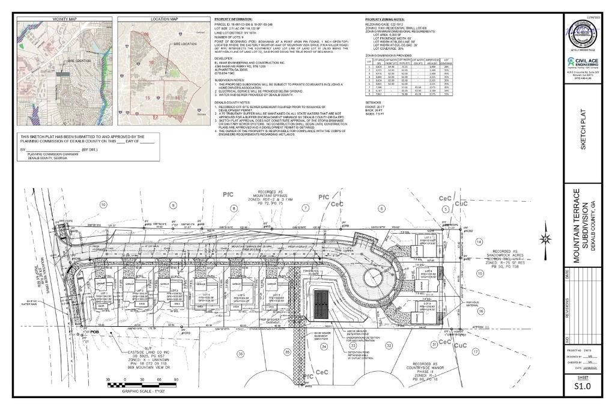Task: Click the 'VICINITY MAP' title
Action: pyautogui.click(x=64, y=19)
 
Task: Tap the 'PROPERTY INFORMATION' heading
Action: pyautogui.click(x=234, y=19)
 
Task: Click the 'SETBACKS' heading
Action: pyautogui.click(x=374, y=103)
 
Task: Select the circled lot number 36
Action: pyautogui.click(x=241, y=354)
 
